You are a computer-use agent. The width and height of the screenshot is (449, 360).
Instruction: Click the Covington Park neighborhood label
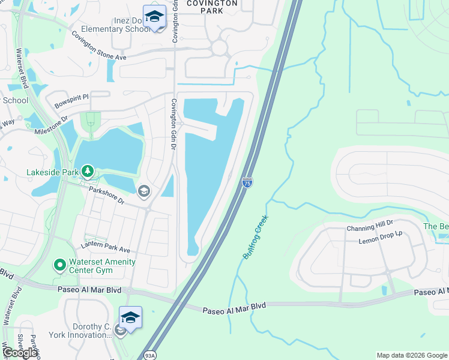pyautogui.click(x=211, y=7)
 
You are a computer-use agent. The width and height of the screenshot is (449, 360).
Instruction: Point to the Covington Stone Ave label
pyautogui.click(x=99, y=45)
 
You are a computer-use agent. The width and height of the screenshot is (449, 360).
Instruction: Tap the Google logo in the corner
pyautogui.click(x=20, y=353)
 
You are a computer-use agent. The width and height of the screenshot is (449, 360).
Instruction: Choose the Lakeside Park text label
pyautogui.click(x=53, y=172)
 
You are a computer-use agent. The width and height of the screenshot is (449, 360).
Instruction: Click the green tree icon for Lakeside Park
pyautogui.click(x=88, y=172)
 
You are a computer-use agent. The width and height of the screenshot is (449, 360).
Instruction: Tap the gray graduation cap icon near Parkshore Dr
pyautogui.click(x=143, y=191)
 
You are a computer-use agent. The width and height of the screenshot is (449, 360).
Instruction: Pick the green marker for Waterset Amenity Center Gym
pyautogui.click(x=59, y=264)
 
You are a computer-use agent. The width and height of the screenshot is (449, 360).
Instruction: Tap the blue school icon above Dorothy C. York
pyautogui.click(x=130, y=317)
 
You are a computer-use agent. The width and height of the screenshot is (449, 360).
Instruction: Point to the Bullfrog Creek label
pyautogui.click(x=255, y=238)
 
